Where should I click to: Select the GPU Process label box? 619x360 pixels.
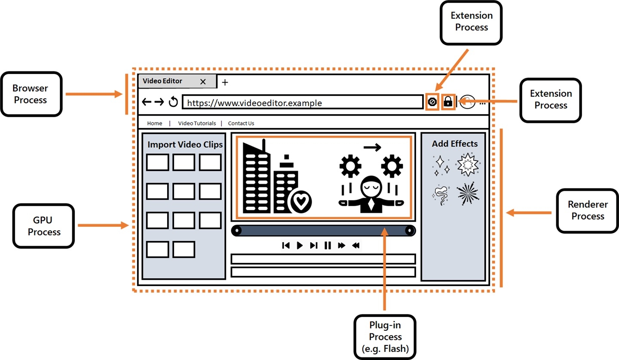click(x=44, y=226)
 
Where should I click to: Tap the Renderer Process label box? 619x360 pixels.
click(x=588, y=211)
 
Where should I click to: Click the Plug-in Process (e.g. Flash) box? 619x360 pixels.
click(x=385, y=337)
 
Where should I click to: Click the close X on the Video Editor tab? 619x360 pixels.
click(x=203, y=81)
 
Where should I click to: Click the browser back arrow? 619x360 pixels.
click(x=147, y=102)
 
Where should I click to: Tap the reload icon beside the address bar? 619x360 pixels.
click(x=173, y=102)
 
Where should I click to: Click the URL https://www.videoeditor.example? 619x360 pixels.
click(x=254, y=103)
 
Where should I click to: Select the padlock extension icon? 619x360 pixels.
click(x=448, y=102)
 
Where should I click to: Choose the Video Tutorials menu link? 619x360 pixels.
click(x=197, y=123)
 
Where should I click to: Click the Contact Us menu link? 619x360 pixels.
click(x=241, y=123)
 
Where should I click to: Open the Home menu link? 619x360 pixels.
click(x=155, y=123)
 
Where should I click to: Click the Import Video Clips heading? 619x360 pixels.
click(x=185, y=144)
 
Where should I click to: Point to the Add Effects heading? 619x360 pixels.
click(x=455, y=143)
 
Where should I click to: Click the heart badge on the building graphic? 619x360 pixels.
click(x=300, y=201)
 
